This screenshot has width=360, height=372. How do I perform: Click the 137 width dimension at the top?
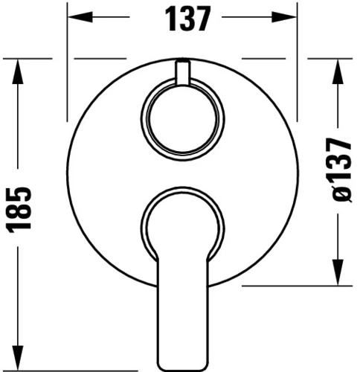pyautogui.click(x=187, y=19)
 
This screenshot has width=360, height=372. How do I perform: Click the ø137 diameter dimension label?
pyautogui.click(x=342, y=170)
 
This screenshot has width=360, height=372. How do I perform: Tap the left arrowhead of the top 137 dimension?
pyautogui.click(x=80, y=17)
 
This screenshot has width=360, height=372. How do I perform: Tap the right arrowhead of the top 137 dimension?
pyautogui.click(x=284, y=17)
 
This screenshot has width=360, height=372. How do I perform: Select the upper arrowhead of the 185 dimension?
pyautogui.click(x=18, y=71)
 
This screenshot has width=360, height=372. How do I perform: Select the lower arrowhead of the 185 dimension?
pyautogui.click(x=18, y=358)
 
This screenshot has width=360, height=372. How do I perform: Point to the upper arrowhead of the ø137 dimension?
pyautogui.click(x=338, y=71)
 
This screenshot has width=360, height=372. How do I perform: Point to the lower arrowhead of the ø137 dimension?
pyautogui.click(x=338, y=272)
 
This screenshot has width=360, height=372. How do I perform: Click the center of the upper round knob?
pyautogui.click(x=183, y=119)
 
